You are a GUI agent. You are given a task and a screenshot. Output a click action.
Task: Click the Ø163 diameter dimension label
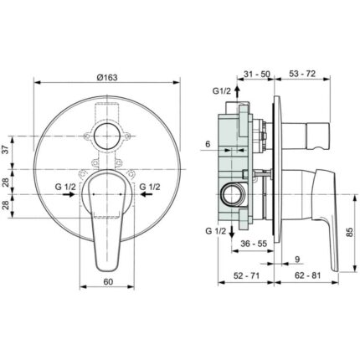(107, 77)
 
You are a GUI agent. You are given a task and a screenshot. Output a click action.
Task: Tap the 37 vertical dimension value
(6, 151)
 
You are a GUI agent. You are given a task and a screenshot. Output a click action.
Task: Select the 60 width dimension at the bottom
(108, 282)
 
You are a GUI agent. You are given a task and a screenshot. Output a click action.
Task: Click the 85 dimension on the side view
(351, 232)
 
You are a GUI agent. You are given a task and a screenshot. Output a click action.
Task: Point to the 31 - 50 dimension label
(257, 74)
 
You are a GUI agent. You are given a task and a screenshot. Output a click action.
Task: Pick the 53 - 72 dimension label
(302, 74)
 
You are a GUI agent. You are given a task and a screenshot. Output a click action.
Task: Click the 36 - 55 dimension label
(254, 244)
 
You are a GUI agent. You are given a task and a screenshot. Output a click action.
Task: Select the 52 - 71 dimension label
(246, 275)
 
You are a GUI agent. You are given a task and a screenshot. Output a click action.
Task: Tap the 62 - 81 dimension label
(307, 275)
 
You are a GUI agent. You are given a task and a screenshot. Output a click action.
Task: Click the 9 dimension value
(297, 260)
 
